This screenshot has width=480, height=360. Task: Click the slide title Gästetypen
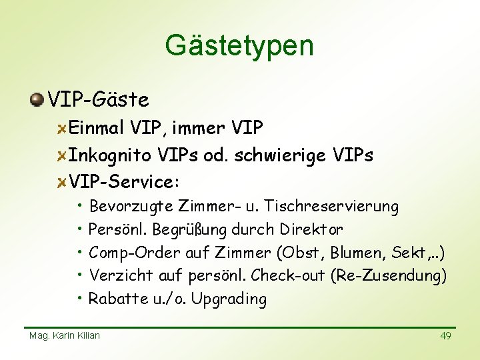239,46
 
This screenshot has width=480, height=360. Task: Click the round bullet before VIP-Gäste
37,100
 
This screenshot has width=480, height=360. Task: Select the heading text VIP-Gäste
99,100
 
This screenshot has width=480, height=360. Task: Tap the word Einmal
98,127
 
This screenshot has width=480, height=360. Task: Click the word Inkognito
111,155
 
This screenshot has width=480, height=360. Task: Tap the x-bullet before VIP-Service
61,182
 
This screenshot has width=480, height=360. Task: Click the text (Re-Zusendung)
389,275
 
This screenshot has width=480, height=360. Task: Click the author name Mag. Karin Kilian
65,335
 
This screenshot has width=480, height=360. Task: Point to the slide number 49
445,336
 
